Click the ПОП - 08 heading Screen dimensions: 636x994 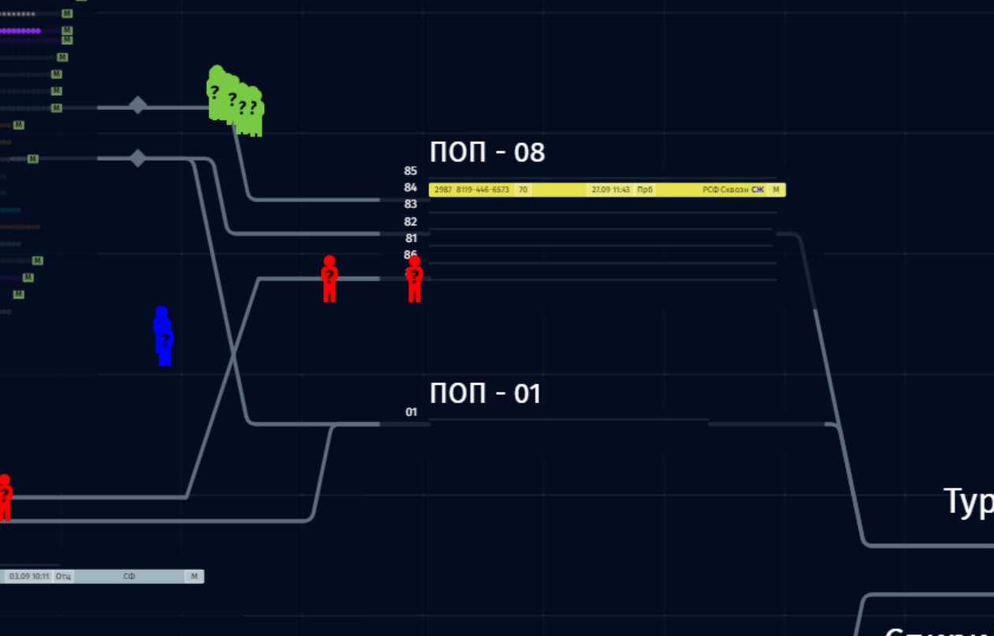tap(487, 152)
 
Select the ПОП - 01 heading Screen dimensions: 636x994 tap(486, 392)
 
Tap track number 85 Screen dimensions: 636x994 tap(411, 171)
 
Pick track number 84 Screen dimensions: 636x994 tap(411, 188)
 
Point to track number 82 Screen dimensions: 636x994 tap(411, 221)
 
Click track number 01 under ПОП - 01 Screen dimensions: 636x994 tap(411, 411)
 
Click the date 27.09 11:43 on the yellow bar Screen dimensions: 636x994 tap(610, 190)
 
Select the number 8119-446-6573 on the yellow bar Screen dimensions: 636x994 tap(482, 190)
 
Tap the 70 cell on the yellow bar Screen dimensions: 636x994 tap(523, 190)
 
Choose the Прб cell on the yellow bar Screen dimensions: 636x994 tap(645, 190)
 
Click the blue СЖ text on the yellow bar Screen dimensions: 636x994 tap(758, 190)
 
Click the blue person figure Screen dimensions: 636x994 tap(163, 337)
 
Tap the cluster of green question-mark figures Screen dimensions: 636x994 tap(236, 102)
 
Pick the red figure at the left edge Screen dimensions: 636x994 tap(5, 497)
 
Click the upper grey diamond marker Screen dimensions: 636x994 tap(138, 105)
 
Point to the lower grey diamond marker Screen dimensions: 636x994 tap(138, 158)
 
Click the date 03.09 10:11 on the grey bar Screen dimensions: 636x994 tap(29, 577)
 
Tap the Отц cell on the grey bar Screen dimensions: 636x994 tap(63, 577)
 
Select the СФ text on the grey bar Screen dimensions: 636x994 tap(129, 577)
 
